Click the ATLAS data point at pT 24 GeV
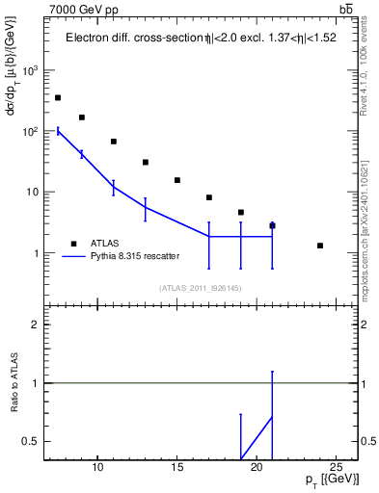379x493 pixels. coord(320,246)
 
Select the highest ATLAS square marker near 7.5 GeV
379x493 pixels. coord(58,97)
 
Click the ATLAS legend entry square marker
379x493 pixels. coord(73,243)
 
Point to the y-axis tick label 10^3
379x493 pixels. coord(31,71)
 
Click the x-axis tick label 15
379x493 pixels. coord(177,469)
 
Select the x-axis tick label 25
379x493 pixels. coord(336,469)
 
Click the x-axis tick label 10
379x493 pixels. coord(97,469)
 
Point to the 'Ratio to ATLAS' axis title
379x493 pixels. coord(14,383)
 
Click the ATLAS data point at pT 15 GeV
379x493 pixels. coord(177,180)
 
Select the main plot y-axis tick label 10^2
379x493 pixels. coord(31,131)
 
